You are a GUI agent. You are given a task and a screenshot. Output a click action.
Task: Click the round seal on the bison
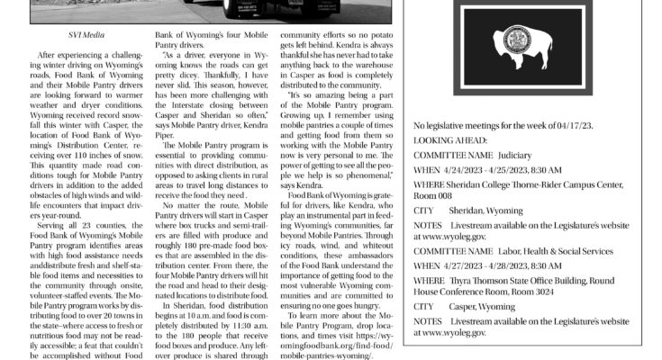coord(519,40)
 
